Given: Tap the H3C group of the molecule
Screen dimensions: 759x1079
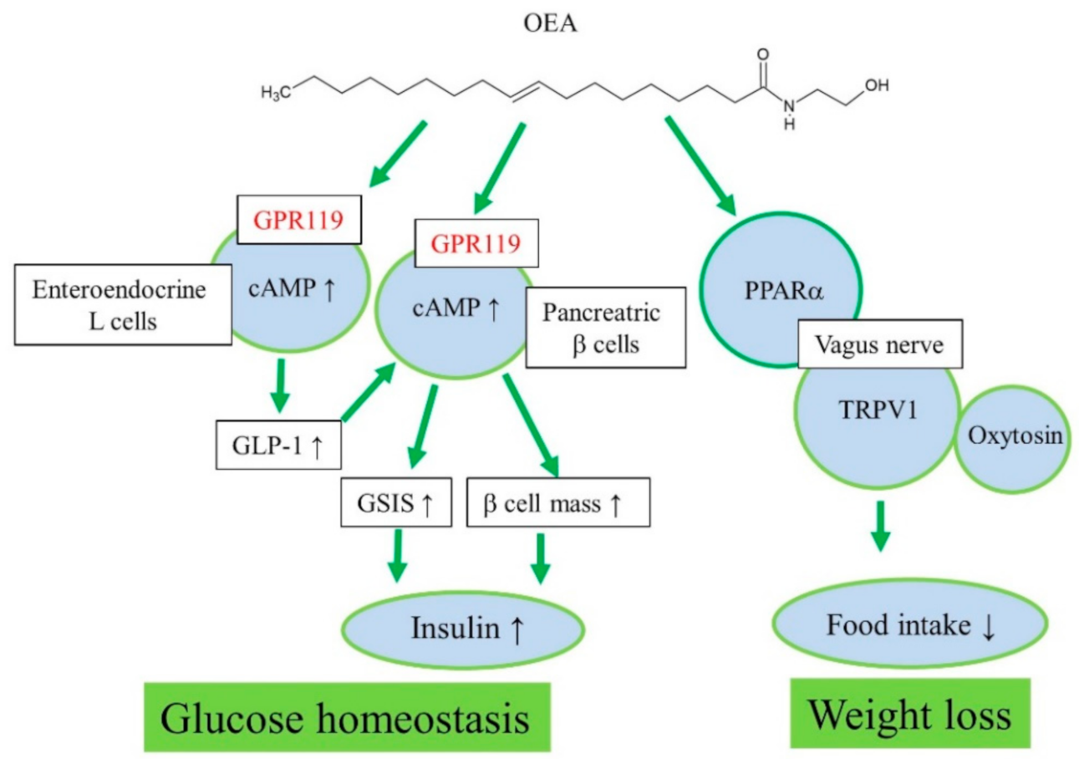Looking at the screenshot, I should (x=276, y=93).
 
